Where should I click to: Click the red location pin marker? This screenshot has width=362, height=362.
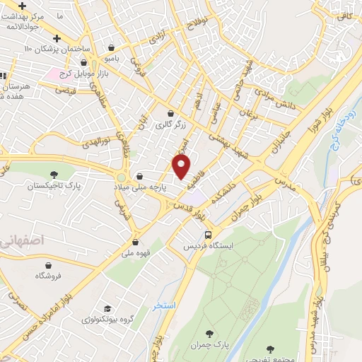[182, 166]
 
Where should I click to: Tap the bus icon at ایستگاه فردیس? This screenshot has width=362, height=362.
[208, 235]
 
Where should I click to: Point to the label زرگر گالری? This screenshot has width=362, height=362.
[170, 125]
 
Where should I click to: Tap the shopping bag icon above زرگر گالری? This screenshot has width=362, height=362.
[170, 113]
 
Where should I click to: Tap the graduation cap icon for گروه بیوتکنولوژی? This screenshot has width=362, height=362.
[107, 308]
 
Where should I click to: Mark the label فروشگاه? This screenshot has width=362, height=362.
[49, 274]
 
